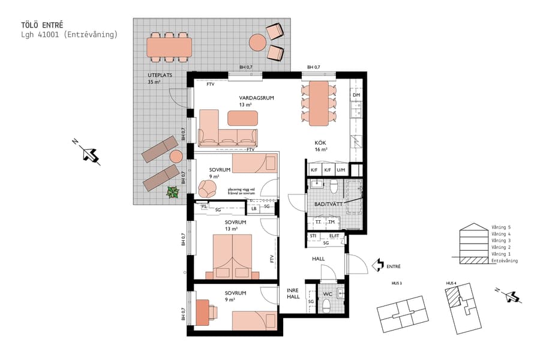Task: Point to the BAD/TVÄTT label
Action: pyautogui.click(x=328, y=205)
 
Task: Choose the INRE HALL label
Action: pyautogui.click(x=293, y=293)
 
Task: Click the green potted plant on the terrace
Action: pyautogui.click(x=173, y=193)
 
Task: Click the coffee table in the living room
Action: pyautogui.click(x=242, y=118)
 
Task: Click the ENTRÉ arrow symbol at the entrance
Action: pyautogui.click(x=378, y=265)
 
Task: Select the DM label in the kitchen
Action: pyautogui.click(x=356, y=95)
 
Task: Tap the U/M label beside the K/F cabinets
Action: pyautogui.click(x=341, y=170)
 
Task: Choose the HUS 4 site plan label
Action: pyautogui.click(x=451, y=283)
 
